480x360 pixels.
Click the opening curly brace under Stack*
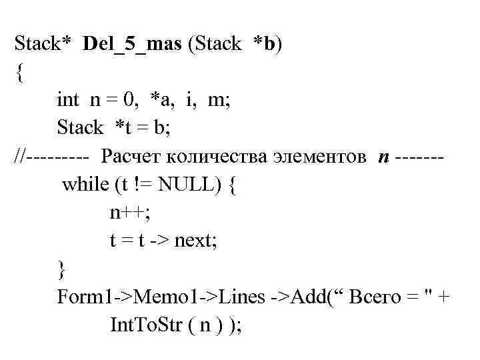coord(19,73)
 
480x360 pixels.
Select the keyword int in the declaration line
coord(67,100)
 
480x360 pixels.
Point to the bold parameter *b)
coord(269,45)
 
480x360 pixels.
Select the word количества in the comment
coord(216,156)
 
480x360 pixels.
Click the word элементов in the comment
coord(319,156)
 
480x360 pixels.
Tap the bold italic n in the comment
coord(383,156)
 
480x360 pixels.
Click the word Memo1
coord(147,296)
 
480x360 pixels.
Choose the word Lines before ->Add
coord(235,296)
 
